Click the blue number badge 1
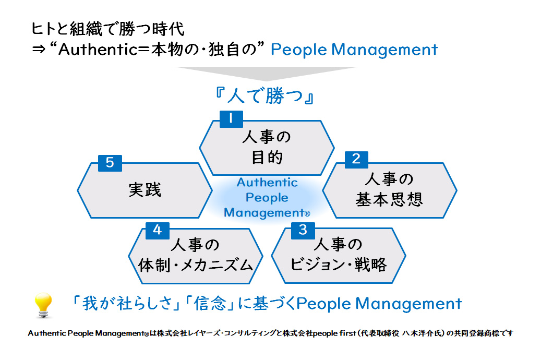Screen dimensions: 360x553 coord(230,118)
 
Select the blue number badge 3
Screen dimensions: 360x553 coord(303,230)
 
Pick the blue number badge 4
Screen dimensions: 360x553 coord(157,230)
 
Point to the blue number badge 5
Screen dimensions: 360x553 coord(110,163)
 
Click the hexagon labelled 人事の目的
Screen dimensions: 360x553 coord(267,147)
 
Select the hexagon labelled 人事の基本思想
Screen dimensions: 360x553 coord(389,190)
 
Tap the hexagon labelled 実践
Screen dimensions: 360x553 coord(145,190)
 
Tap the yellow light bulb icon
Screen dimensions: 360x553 coord(43,305)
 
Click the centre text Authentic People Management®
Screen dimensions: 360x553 coord(267,198)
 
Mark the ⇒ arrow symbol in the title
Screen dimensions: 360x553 coord(39,50)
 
